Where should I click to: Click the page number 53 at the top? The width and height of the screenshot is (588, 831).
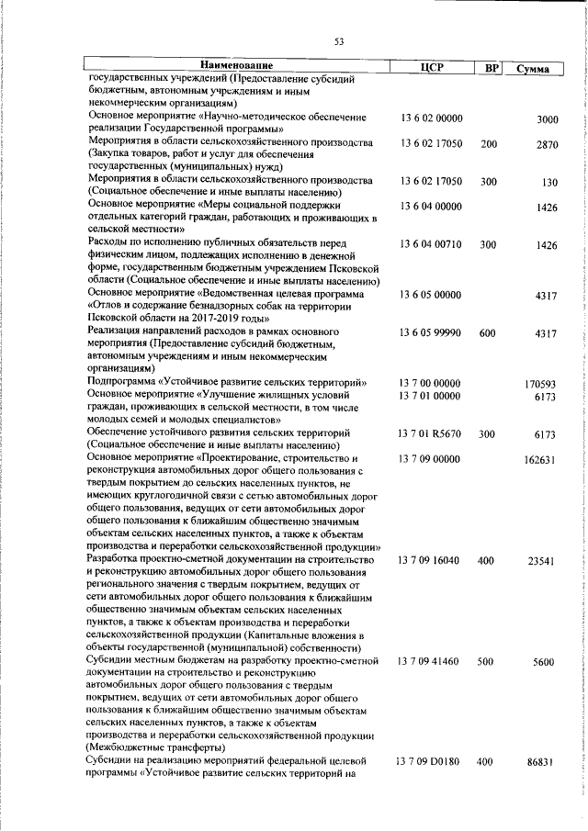click(338, 40)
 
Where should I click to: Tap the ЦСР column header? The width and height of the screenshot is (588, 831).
click(431, 67)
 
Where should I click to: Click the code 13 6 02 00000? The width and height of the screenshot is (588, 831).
click(431, 119)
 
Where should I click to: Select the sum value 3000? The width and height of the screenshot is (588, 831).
click(548, 120)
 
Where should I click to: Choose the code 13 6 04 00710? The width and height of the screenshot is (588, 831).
click(431, 245)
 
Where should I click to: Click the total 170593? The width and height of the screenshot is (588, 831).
click(542, 383)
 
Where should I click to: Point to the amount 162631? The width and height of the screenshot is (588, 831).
click(542, 459)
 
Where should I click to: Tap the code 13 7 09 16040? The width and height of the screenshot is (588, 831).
click(431, 559)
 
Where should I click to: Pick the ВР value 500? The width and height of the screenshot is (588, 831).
click(488, 660)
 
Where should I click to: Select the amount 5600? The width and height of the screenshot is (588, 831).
click(548, 661)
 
